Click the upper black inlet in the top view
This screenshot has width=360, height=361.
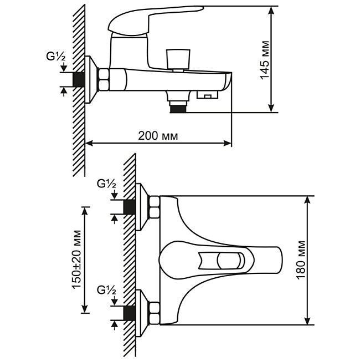click(130, 207)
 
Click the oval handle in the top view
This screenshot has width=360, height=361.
click(219, 260)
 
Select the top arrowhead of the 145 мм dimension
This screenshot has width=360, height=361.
click(272, 9)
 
